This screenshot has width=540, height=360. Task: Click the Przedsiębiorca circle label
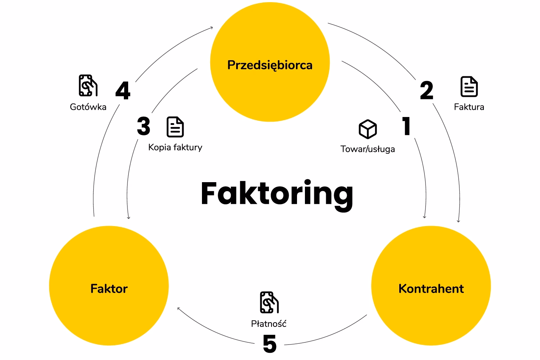pyautogui.click(x=270, y=65)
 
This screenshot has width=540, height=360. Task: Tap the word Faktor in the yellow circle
pyautogui.click(x=109, y=289)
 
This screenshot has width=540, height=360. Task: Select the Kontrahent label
pyautogui.click(x=431, y=289)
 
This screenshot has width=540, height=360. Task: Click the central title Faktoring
pyautogui.click(x=277, y=194)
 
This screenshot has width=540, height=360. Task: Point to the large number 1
pyautogui.click(x=406, y=126)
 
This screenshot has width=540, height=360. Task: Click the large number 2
pyautogui.click(x=427, y=91)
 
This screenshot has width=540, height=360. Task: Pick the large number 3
pyautogui.click(x=144, y=126)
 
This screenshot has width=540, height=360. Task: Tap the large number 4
pyautogui.click(x=123, y=91)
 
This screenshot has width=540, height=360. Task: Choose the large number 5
pyautogui.click(x=270, y=344)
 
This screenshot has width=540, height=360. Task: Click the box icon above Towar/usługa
pyautogui.click(x=368, y=129)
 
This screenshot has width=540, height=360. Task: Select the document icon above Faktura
pyautogui.click(x=469, y=87)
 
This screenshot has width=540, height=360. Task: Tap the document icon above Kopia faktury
pyautogui.click(x=175, y=127)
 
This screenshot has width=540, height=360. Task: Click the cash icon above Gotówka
pyautogui.click(x=88, y=86)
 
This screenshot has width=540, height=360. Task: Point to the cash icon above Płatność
pyautogui.click(x=269, y=302)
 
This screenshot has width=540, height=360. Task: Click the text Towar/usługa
pyautogui.click(x=368, y=149)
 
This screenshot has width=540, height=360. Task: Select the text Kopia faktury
pyautogui.click(x=175, y=147)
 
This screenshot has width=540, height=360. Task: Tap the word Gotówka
pyautogui.click(x=88, y=107)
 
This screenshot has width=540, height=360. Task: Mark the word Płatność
pyautogui.click(x=269, y=324)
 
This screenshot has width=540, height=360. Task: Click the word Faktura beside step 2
pyautogui.click(x=469, y=107)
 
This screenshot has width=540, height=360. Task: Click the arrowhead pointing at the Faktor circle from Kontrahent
pyautogui.click(x=179, y=309)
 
